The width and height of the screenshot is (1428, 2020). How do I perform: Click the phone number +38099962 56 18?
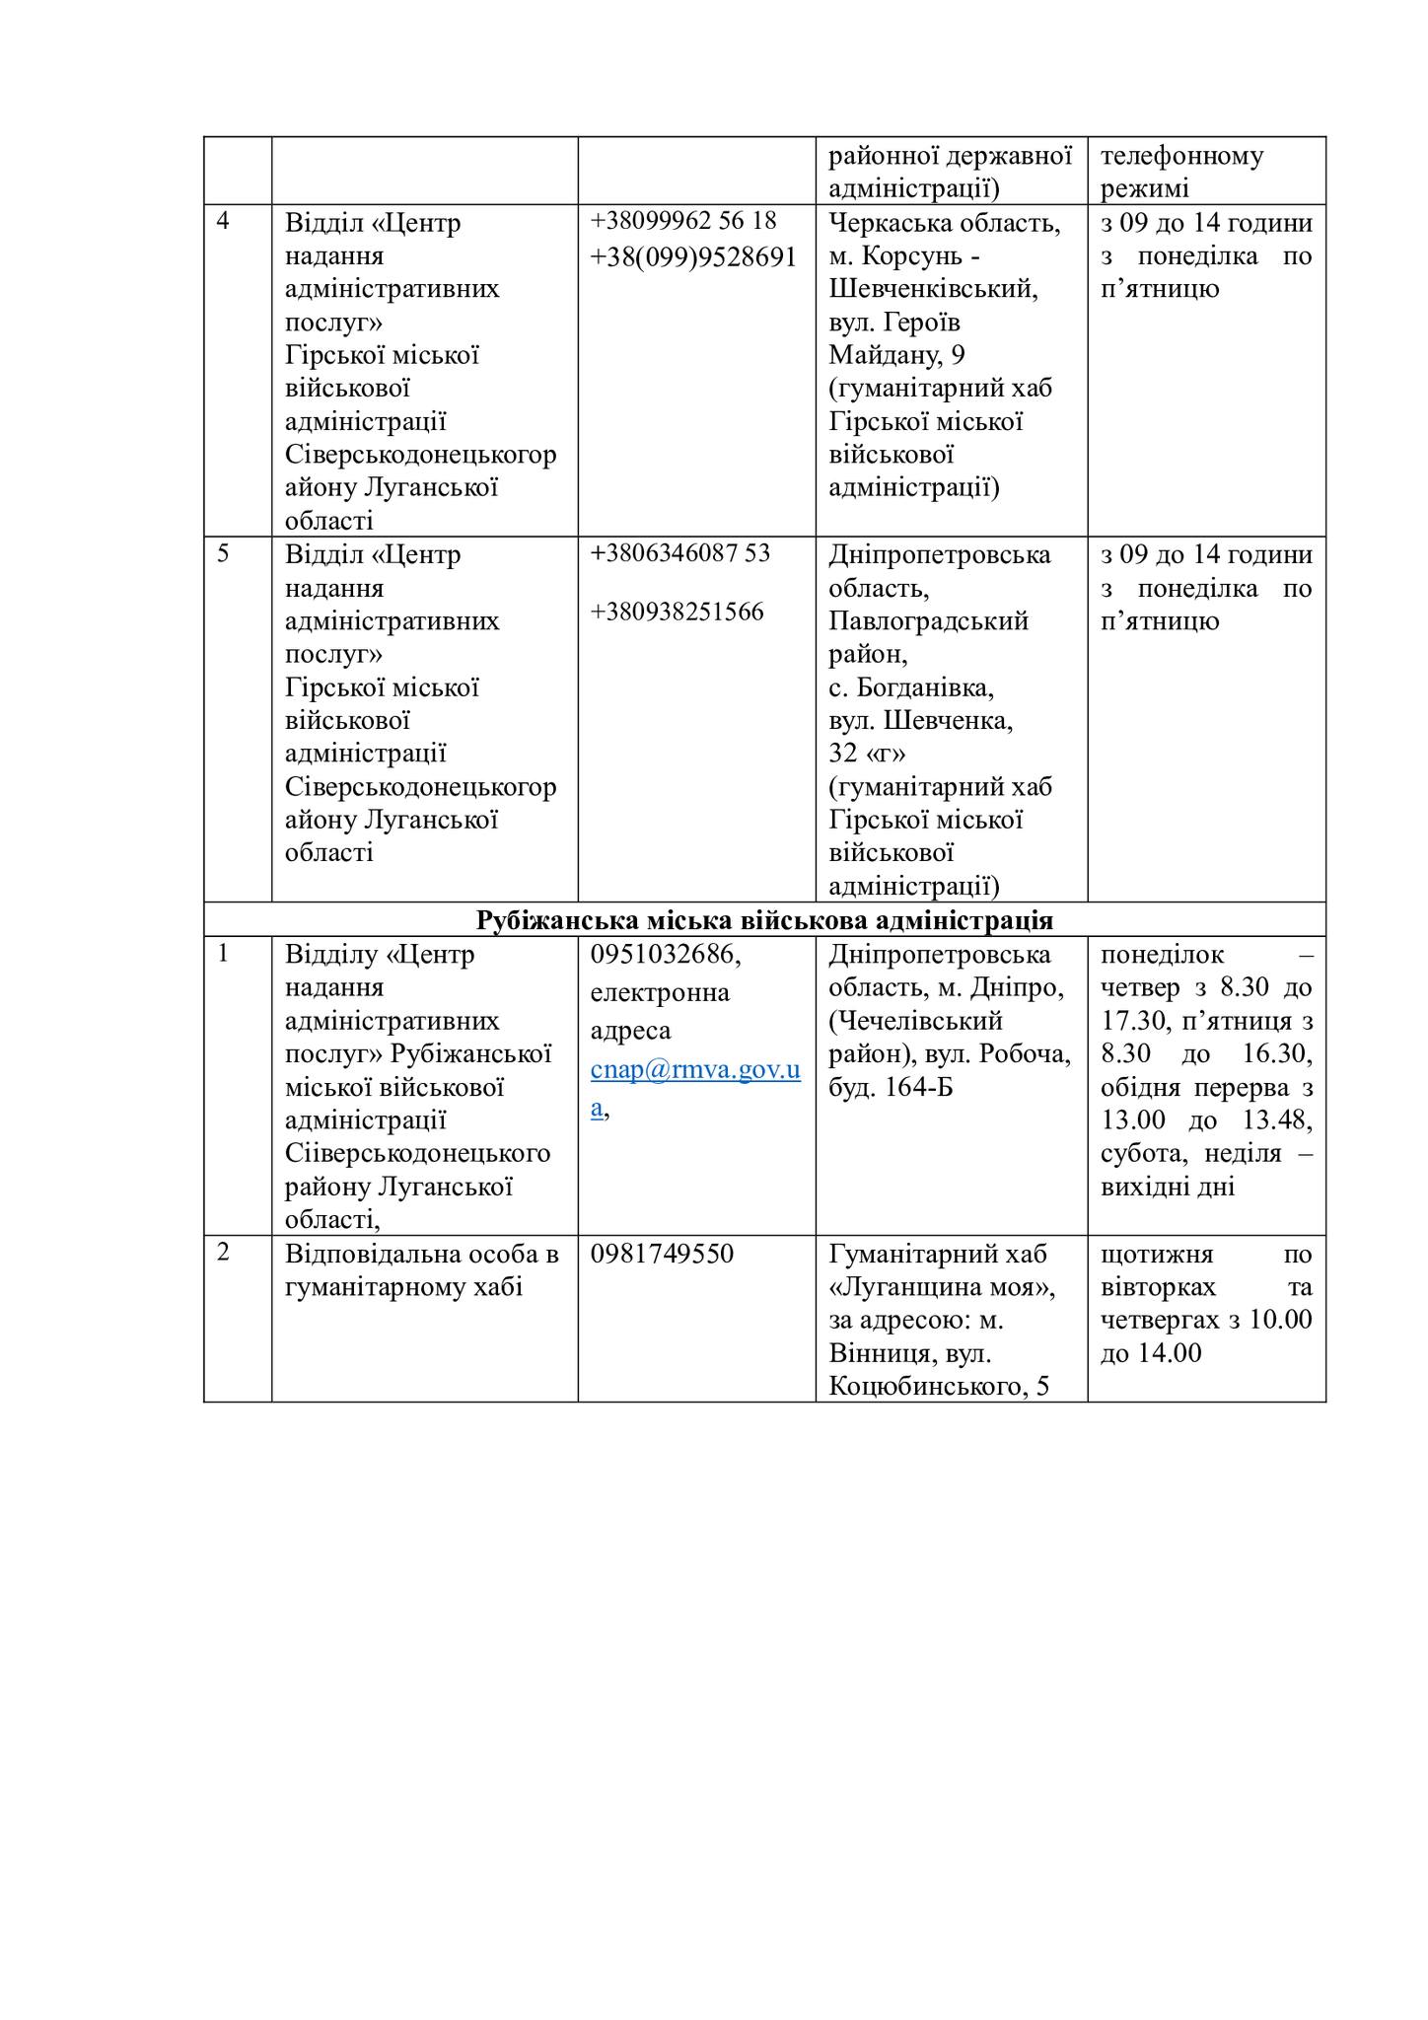[x=683, y=220]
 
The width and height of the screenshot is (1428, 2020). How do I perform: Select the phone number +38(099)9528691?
[x=693, y=256]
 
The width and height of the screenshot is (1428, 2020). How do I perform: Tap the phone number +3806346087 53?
[x=680, y=553]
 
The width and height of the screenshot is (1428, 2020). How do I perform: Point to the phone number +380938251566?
[x=678, y=613]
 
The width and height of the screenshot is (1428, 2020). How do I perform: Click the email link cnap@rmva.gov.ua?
[x=695, y=1070]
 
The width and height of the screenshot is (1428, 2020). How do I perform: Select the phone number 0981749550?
[x=663, y=1254]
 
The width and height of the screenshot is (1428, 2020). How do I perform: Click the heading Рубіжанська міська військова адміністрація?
[x=764, y=920]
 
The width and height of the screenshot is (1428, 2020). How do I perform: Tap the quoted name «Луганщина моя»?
[x=942, y=1287]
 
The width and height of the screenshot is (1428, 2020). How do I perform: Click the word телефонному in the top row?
[x=1181, y=156]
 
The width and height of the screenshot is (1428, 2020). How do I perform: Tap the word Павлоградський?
[x=928, y=620]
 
